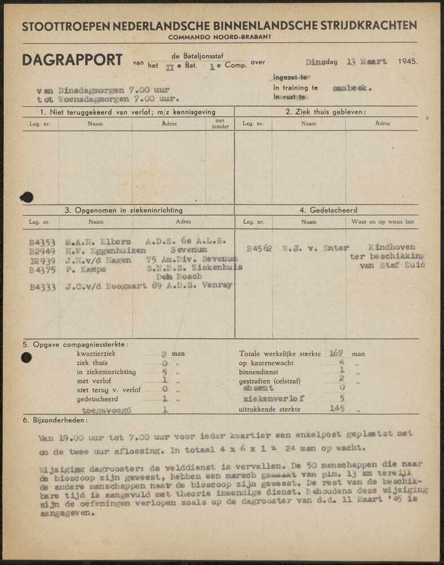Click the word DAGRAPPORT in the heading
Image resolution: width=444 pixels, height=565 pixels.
pos(72,60)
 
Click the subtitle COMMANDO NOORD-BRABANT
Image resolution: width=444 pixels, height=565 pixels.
pos(219,37)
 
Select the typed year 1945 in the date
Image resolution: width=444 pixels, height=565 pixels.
pos(408,61)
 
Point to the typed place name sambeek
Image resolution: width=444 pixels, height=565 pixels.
pos(352,88)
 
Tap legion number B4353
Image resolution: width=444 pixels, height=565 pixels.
pos(42,242)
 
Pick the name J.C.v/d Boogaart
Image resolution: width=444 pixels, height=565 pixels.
pos(103,286)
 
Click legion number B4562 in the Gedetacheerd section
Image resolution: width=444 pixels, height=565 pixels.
pos(260,247)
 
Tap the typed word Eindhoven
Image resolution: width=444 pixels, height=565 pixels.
pos(392,247)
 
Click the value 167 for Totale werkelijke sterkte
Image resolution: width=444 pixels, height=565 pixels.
pos(336,353)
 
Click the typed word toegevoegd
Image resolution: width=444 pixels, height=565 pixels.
pos(107,410)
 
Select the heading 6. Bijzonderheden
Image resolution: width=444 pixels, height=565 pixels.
pos(55,421)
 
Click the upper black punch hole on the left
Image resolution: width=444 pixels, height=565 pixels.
pos(26,197)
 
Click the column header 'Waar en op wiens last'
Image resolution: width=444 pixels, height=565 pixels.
pos(383,222)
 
